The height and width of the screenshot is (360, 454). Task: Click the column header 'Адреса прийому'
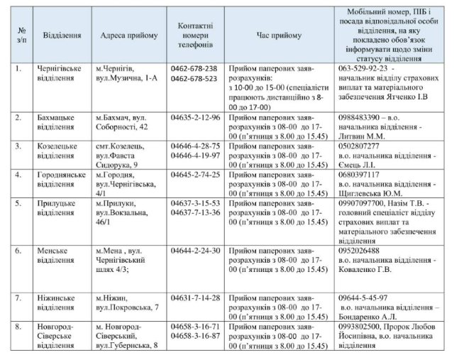[x=128, y=34]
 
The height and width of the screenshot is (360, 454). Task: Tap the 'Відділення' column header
[x=62, y=34]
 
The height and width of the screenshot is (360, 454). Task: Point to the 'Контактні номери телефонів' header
[x=194, y=34]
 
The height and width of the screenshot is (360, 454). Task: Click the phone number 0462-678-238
[x=194, y=68]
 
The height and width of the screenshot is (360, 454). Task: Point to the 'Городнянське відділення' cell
[x=63, y=179]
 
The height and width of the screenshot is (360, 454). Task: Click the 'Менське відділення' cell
[x=57, y=256]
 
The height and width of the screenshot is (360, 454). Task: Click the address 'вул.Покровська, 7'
[x=127, y=307]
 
